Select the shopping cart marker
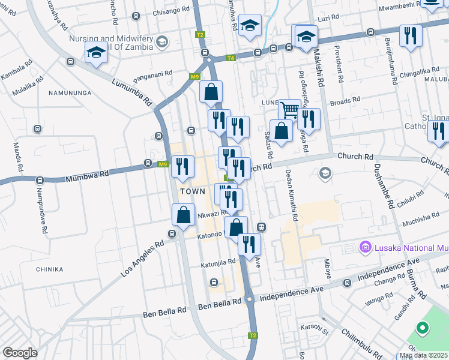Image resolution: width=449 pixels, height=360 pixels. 289,109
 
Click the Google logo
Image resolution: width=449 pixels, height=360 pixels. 19,353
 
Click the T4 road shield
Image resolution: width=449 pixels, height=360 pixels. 231,58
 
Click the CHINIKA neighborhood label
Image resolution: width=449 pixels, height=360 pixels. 49,269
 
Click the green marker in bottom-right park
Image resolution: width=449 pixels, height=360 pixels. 422,328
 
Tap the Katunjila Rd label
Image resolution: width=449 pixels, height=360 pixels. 217,263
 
